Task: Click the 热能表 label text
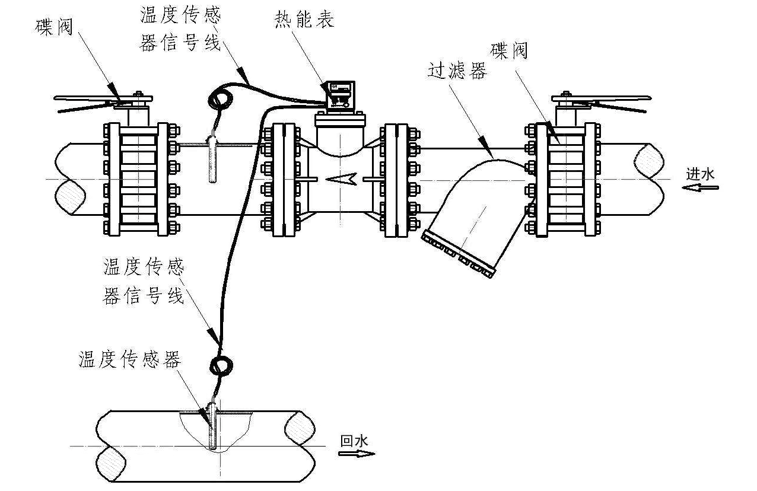coord(304,20)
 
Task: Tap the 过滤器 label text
coord(457,71)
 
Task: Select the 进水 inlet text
coord(700,174)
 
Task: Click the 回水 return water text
coord(354,441)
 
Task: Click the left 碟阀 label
coord(54,26)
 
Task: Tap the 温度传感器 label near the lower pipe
coord(129,359)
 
